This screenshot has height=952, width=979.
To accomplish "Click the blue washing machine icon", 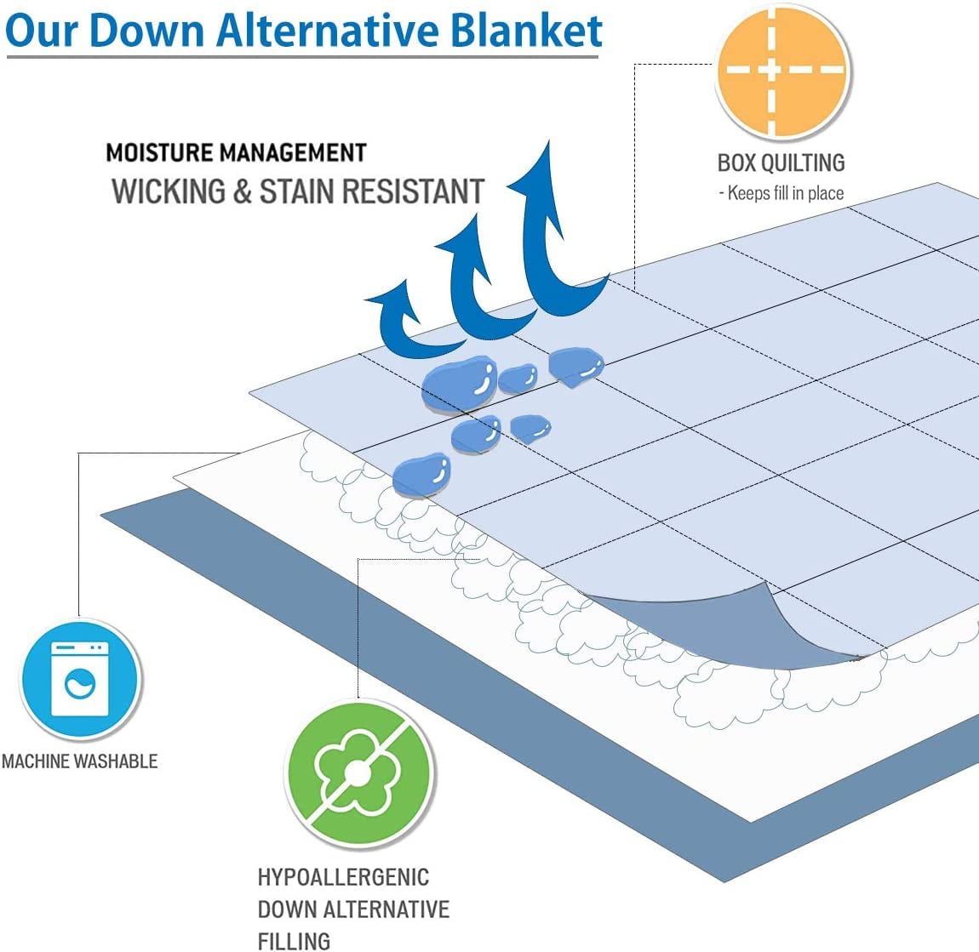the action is coord(80,678).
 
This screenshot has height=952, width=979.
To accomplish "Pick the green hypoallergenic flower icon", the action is coord(358,772).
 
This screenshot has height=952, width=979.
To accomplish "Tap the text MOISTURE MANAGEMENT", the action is coord(236,153).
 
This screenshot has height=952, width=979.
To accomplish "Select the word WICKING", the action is coord(169,191).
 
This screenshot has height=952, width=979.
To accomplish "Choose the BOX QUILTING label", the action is coord(781,162).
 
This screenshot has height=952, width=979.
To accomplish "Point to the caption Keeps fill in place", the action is coord(786,193).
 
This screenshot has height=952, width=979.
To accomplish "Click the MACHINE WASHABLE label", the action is coord(79,761).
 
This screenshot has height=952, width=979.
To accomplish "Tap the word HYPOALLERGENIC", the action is coord(343,877).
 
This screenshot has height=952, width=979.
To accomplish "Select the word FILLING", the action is coord(294,941).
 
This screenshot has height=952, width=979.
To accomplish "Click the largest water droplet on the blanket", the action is coord(459,383).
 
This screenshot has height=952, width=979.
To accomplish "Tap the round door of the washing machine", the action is coord(81,683).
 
